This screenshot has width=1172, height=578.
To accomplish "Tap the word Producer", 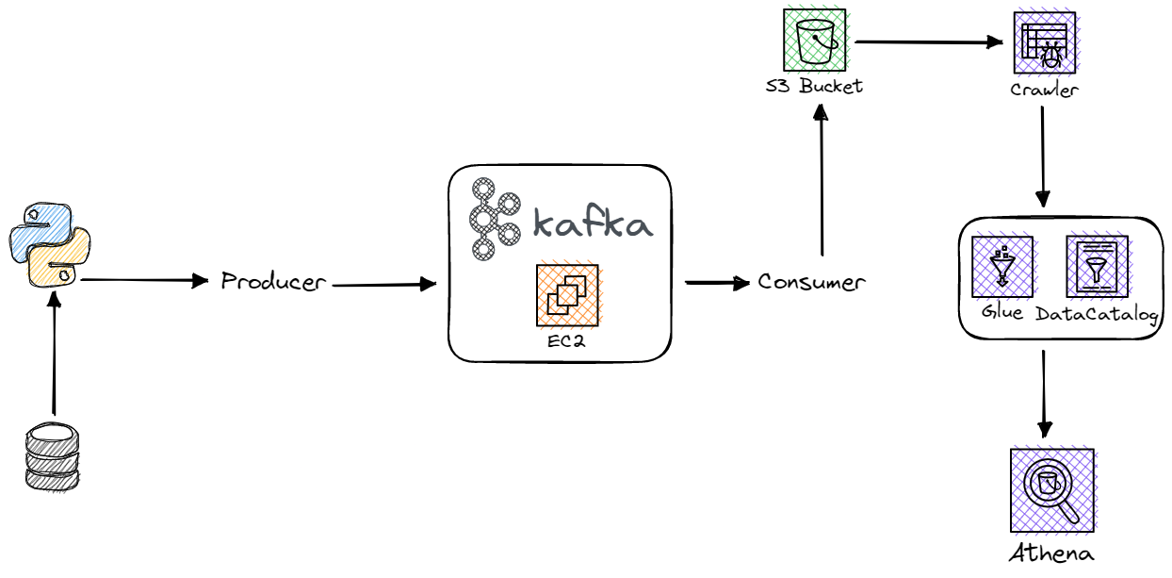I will (x=273, y=281).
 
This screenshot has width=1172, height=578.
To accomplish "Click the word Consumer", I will (x=811, y=281).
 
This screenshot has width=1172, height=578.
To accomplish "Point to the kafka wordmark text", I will (x=593, y=223).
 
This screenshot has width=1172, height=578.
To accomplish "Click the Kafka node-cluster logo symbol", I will (x=496, y=218).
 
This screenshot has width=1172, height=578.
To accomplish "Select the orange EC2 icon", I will (x=566, y=294).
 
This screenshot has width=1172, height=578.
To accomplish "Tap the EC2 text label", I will (x=566, y=341).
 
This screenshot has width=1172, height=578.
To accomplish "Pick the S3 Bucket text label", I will (x=814, y=87).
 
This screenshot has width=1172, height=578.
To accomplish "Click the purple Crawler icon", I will (x=1044, y=43).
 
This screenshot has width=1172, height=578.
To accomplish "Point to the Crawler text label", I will (x=1044, y=91).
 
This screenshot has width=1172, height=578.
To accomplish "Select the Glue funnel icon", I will (x=1001, y=266).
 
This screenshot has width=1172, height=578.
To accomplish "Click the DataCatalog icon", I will (x=1096, y=266).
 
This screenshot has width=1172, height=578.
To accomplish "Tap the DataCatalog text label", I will (x=1096, y=314).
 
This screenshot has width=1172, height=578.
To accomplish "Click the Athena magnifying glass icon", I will (x=1051, y=488).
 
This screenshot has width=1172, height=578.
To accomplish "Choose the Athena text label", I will (x=1051, y=553).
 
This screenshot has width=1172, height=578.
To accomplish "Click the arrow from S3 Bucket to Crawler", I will (x=928, y=42).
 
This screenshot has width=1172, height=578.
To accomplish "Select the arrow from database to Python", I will (x=54, y=354).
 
